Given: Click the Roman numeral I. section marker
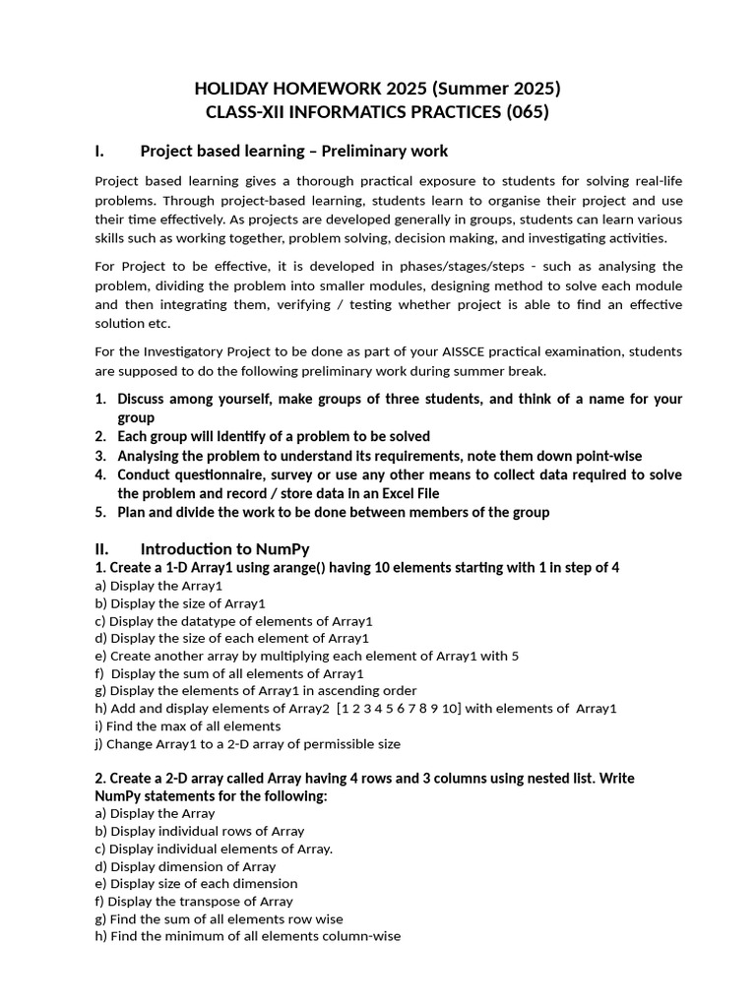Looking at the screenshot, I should coord(99,151).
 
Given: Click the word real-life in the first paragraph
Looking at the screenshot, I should coord(654,181).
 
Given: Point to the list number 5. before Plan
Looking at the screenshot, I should coord(100,512).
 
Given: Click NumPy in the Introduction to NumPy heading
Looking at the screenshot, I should coord(282,548).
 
